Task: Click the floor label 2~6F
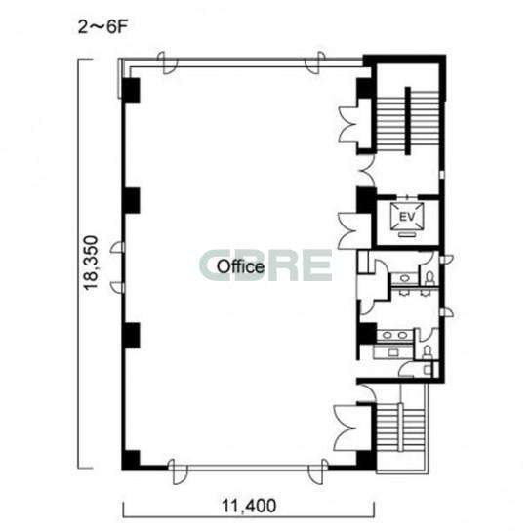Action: click(x=102, y=27)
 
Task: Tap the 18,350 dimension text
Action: click(x=91, y=264)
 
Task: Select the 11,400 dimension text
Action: click(x=249, y=506)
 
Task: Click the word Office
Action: click(x=240, y=266)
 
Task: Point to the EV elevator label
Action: click(x=407, y=217)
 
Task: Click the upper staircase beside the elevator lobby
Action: click(x=408, y=121)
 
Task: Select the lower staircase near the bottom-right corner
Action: click(x=400, y=429)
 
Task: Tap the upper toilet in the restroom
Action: click(x=429, y=278)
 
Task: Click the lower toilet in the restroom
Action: click(x=428, y=351)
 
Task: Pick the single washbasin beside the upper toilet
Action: click(x=405, y=278)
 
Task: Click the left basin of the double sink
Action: click(x=388, y=335)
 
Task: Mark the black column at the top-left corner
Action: click(x=131, y=91)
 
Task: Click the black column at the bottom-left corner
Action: click(x=131, y=460)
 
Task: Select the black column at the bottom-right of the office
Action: click(x=366, y=461)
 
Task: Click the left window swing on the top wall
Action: click(x=167, y=63)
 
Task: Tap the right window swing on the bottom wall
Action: click(x=317, y=470)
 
